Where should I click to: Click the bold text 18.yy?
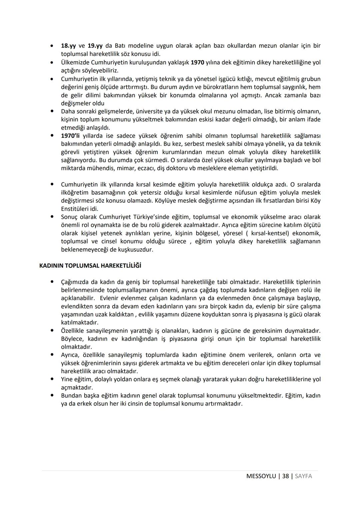[x=68, y=46]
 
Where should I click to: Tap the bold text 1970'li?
[x=70, y=136]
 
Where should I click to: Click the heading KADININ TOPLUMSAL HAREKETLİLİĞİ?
[x=90, y=266]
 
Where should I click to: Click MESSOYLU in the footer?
[x=261, y=476]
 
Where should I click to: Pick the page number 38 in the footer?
[x=285, y=476]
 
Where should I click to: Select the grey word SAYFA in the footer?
[x=303, y=476]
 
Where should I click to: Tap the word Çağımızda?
[x=75, y=282]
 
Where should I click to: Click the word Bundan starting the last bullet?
[x=71, y=396]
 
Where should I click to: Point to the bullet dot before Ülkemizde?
[x=52, y=62]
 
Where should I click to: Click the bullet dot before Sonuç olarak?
[x=52, y=217]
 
